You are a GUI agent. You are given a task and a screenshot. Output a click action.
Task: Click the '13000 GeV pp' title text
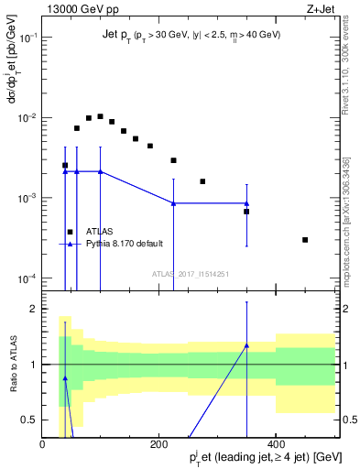(77, 10)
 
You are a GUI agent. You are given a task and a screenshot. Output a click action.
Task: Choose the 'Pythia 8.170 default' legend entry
(125, 245)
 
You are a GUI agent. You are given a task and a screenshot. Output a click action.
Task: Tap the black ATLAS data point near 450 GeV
(305, 240)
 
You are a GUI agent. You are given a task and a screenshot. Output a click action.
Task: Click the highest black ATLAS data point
(100, 116)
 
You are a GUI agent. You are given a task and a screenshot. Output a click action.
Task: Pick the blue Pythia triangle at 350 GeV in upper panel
(246, 203)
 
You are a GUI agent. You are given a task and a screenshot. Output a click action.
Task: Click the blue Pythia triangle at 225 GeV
(174, 203)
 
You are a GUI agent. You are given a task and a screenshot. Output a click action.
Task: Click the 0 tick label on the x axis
(43, 444)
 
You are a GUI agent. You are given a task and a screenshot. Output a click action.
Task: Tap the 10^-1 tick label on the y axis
(27, 38)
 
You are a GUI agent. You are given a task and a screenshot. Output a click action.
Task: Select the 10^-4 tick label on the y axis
(27, 278)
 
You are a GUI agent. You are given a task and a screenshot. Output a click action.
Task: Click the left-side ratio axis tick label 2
(34, 309)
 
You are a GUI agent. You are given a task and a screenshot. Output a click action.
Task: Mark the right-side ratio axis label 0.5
(348, 420)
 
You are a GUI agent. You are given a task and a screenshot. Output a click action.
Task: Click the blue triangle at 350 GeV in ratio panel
(246, 345)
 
